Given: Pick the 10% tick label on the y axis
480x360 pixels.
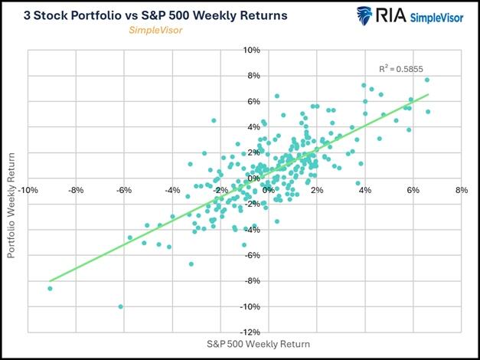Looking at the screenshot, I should [x=274, y=51].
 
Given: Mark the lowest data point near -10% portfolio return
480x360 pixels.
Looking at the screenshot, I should [x=120, y=306].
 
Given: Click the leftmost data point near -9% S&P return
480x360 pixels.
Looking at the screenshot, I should [x=50, y=288].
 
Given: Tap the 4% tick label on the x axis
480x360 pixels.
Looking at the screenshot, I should [x=365, y=189].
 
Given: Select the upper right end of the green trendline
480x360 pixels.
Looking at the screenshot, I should [x=429, y=95].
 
